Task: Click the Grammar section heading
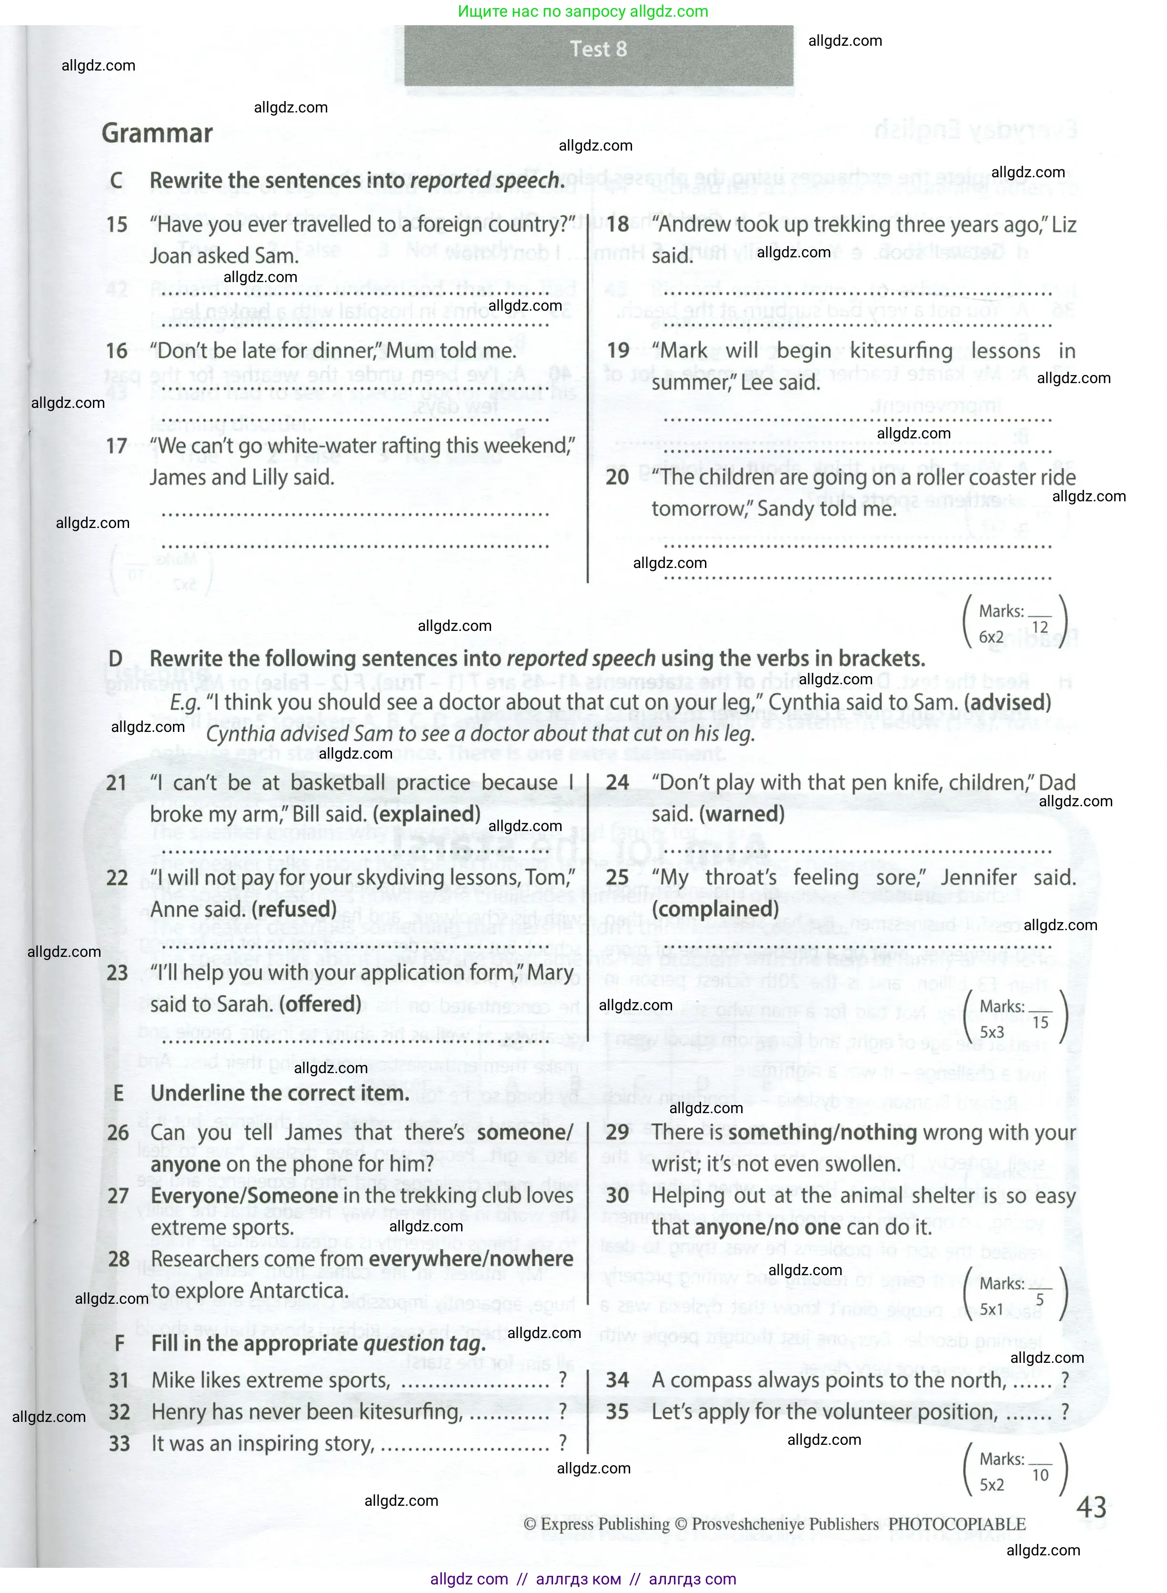[157, 133]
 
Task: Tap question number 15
[117, 225]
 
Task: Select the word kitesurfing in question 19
[901, 351]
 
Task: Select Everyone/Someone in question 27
[244, 1196]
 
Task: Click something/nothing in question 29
[822, 1132]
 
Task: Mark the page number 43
[1091, 1508]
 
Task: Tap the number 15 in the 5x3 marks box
[1040, 1022]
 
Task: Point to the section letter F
[120, 1343]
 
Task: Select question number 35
[617, 1412]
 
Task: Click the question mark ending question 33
[563, 1442]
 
